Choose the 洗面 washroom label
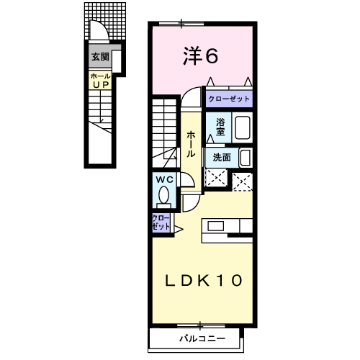221,157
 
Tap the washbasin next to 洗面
245,157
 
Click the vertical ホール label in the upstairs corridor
191,144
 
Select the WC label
163,179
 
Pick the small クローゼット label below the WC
161,222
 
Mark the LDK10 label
204,279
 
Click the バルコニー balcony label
202,338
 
